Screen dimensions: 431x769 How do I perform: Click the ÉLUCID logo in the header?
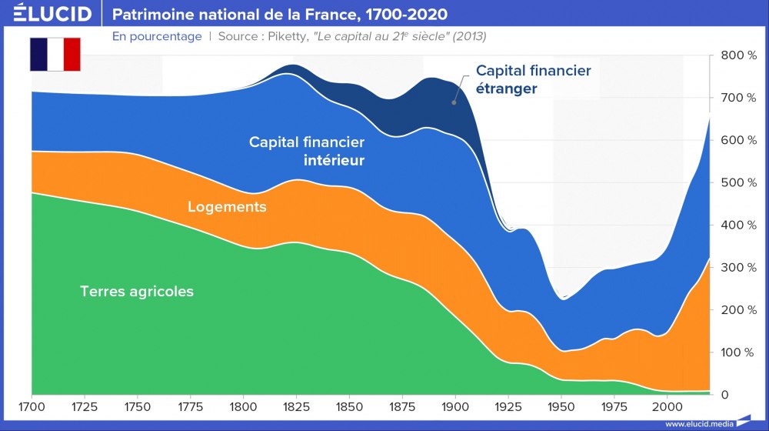(52, 14)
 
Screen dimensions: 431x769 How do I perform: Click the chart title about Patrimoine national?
(280, 15)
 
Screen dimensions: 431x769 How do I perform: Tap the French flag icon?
(55, 54)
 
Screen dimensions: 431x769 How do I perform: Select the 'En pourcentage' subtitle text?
(157, 36)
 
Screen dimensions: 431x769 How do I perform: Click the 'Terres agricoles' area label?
(137, 292)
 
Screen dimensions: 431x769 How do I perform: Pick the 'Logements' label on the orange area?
(227, 207)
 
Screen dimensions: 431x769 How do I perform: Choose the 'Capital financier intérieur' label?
(307, 152)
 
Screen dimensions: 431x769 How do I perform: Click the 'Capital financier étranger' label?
(533, 79)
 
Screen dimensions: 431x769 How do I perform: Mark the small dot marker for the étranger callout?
(454, 101)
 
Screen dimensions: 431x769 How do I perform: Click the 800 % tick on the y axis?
(737, 55)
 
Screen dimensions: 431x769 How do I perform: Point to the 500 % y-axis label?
(737, 182)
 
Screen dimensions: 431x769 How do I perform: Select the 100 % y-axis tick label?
(737, 352)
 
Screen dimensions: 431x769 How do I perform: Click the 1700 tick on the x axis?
(32, 406)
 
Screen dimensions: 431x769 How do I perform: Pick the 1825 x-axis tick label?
(295, 406)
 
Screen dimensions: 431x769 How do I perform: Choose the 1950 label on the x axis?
(561, 406)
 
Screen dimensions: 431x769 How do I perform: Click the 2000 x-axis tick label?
(667, 406)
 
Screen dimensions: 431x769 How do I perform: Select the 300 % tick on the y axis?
(737, 268)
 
